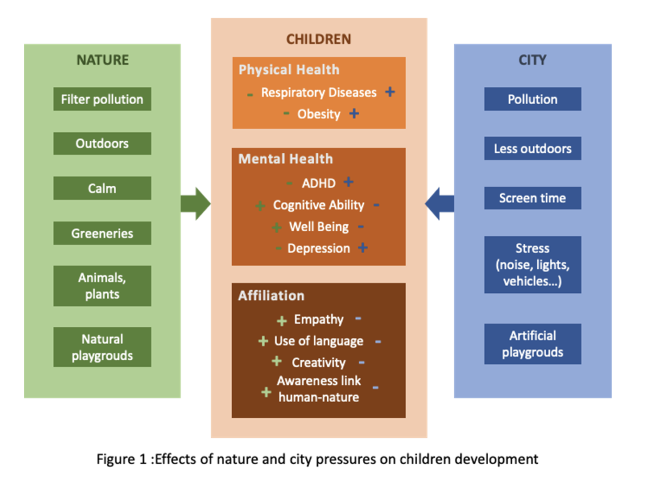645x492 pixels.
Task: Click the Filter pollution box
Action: tap(102, 99)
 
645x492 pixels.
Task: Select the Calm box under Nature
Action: tap(102, 188)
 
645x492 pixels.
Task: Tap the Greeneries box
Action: tap(102, 233)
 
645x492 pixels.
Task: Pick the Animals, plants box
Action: tap(102, 286)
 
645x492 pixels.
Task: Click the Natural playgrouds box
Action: tap(102, 346)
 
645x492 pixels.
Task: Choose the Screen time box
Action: tap(533, 198)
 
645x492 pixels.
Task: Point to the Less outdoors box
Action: tap(533, 148)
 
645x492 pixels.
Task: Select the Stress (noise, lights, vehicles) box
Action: tap(533, 265)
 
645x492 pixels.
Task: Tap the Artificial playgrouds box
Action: tap(533, 344)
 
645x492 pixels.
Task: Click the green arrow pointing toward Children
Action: tap(196, 203)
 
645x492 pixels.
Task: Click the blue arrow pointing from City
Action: tap(439, 203)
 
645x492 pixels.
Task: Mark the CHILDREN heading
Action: tap(319, 39)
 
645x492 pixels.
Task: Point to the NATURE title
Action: tap(103, 60)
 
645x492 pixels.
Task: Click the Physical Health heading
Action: tap(289, 69)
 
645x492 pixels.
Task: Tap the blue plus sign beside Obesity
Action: tap(354, 113)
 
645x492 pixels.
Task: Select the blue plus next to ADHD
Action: tap(348, 182)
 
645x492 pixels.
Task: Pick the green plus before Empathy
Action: tap(282, 321)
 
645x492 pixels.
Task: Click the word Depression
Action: tap(319, 248)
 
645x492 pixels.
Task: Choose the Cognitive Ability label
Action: tap(319, 205)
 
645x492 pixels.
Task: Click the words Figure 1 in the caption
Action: tap(122, 459)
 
